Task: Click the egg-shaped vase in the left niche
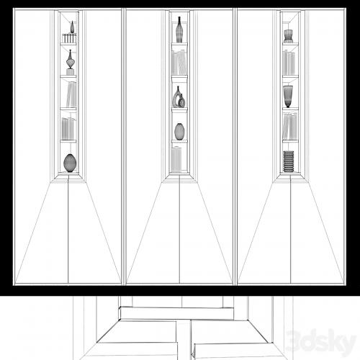tap(70, 163)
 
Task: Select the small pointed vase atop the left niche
tap(72, 27)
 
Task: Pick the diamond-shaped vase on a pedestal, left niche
tap(71, 59)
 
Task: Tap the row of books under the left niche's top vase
tap(69, 38)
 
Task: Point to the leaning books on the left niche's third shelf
tap(71, 94)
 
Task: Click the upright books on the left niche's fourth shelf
tap(68, 128)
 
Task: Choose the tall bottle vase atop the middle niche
tap(179, 30)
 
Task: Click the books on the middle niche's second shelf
tap(179, 63)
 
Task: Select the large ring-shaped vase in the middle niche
tap(177, 96)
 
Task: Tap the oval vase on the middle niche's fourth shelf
tap(179, 131)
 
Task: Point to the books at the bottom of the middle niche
tap(177, 160)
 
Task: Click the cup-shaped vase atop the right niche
tap(288, 36)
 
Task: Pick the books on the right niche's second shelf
tap(289, 63)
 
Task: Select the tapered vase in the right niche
tap(288, 96)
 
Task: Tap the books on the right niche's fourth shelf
tap(290, 126)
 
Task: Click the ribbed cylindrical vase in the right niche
tap(289, 161)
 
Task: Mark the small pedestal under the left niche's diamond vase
tap(70, 72)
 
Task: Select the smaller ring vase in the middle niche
tap(182, 101)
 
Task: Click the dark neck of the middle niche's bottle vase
tap(179, 20)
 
